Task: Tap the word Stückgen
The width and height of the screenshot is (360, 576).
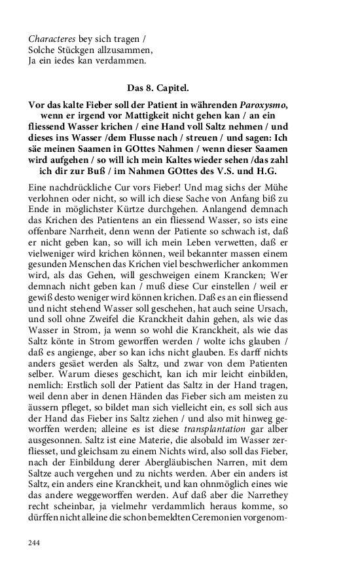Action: (x=72, y=50)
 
